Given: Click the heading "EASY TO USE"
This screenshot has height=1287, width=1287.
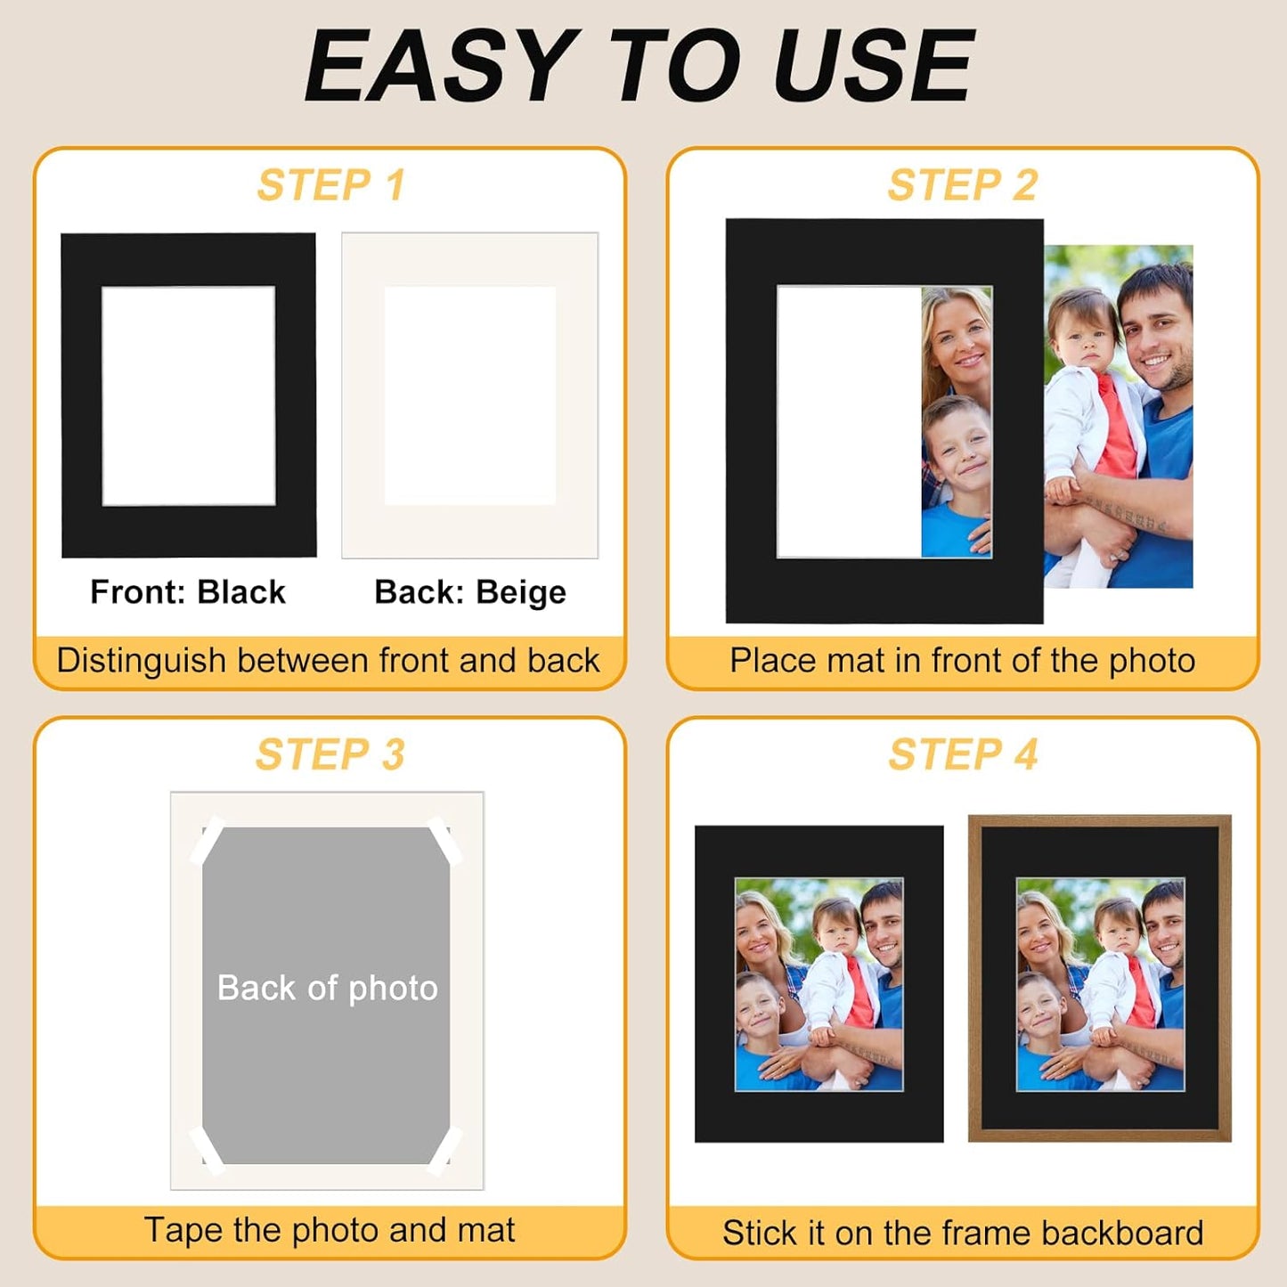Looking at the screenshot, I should point(639,67).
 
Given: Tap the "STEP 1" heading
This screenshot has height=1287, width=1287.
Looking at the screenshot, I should point(330,186).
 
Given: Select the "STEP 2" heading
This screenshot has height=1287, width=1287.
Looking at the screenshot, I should point(963,186).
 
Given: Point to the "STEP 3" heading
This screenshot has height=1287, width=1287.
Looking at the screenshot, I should point(330,755).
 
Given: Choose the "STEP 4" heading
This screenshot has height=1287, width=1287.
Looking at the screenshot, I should point(963,755).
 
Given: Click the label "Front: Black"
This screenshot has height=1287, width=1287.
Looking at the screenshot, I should point(188,592).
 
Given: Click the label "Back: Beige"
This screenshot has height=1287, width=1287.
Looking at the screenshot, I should point(470,592).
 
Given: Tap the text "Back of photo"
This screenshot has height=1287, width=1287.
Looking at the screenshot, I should point(328,989).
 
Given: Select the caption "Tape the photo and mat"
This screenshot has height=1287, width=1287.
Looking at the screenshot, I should point(330,1230).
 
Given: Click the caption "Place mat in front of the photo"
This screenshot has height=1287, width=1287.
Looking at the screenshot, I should point(962,661).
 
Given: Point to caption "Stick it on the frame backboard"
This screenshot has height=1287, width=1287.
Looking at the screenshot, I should point(963,1233).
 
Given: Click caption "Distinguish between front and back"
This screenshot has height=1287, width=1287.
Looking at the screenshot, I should point(329,661).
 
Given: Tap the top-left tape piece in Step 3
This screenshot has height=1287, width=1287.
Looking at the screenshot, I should point(208,840).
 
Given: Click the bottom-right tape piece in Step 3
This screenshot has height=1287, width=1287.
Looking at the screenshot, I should point(445,1150).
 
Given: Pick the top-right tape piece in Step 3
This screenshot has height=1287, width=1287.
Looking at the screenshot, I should point(445,840).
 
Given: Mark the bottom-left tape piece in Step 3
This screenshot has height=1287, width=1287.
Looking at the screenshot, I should point(207,1148).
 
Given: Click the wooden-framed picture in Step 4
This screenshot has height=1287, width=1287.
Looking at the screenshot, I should point(1100,978).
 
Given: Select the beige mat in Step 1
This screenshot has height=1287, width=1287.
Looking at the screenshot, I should point(469,534).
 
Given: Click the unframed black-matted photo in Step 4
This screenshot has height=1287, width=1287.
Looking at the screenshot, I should point(819,983).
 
